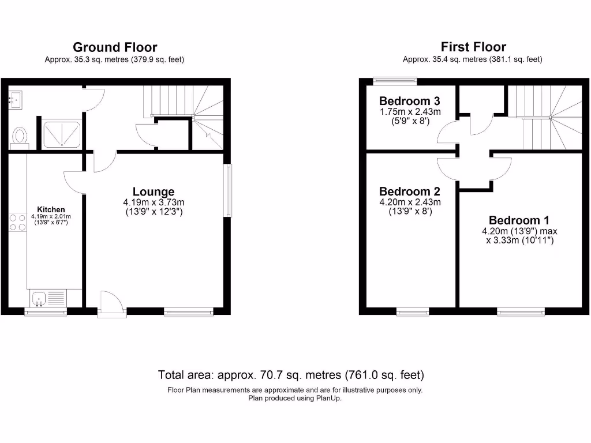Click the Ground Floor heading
114,47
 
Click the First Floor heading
473,47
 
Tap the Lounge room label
153,192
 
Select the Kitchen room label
51,209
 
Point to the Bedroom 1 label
519,220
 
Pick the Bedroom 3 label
410,101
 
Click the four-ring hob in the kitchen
17,222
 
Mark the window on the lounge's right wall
229,191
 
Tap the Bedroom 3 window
388,81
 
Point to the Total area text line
291,375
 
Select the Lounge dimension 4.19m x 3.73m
153,202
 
